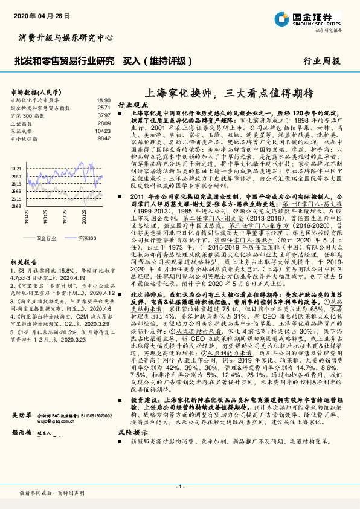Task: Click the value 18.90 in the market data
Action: [103, 100]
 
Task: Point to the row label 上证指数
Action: [23, 123]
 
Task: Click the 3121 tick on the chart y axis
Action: [16, 169]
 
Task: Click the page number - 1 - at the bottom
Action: [179, 487]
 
